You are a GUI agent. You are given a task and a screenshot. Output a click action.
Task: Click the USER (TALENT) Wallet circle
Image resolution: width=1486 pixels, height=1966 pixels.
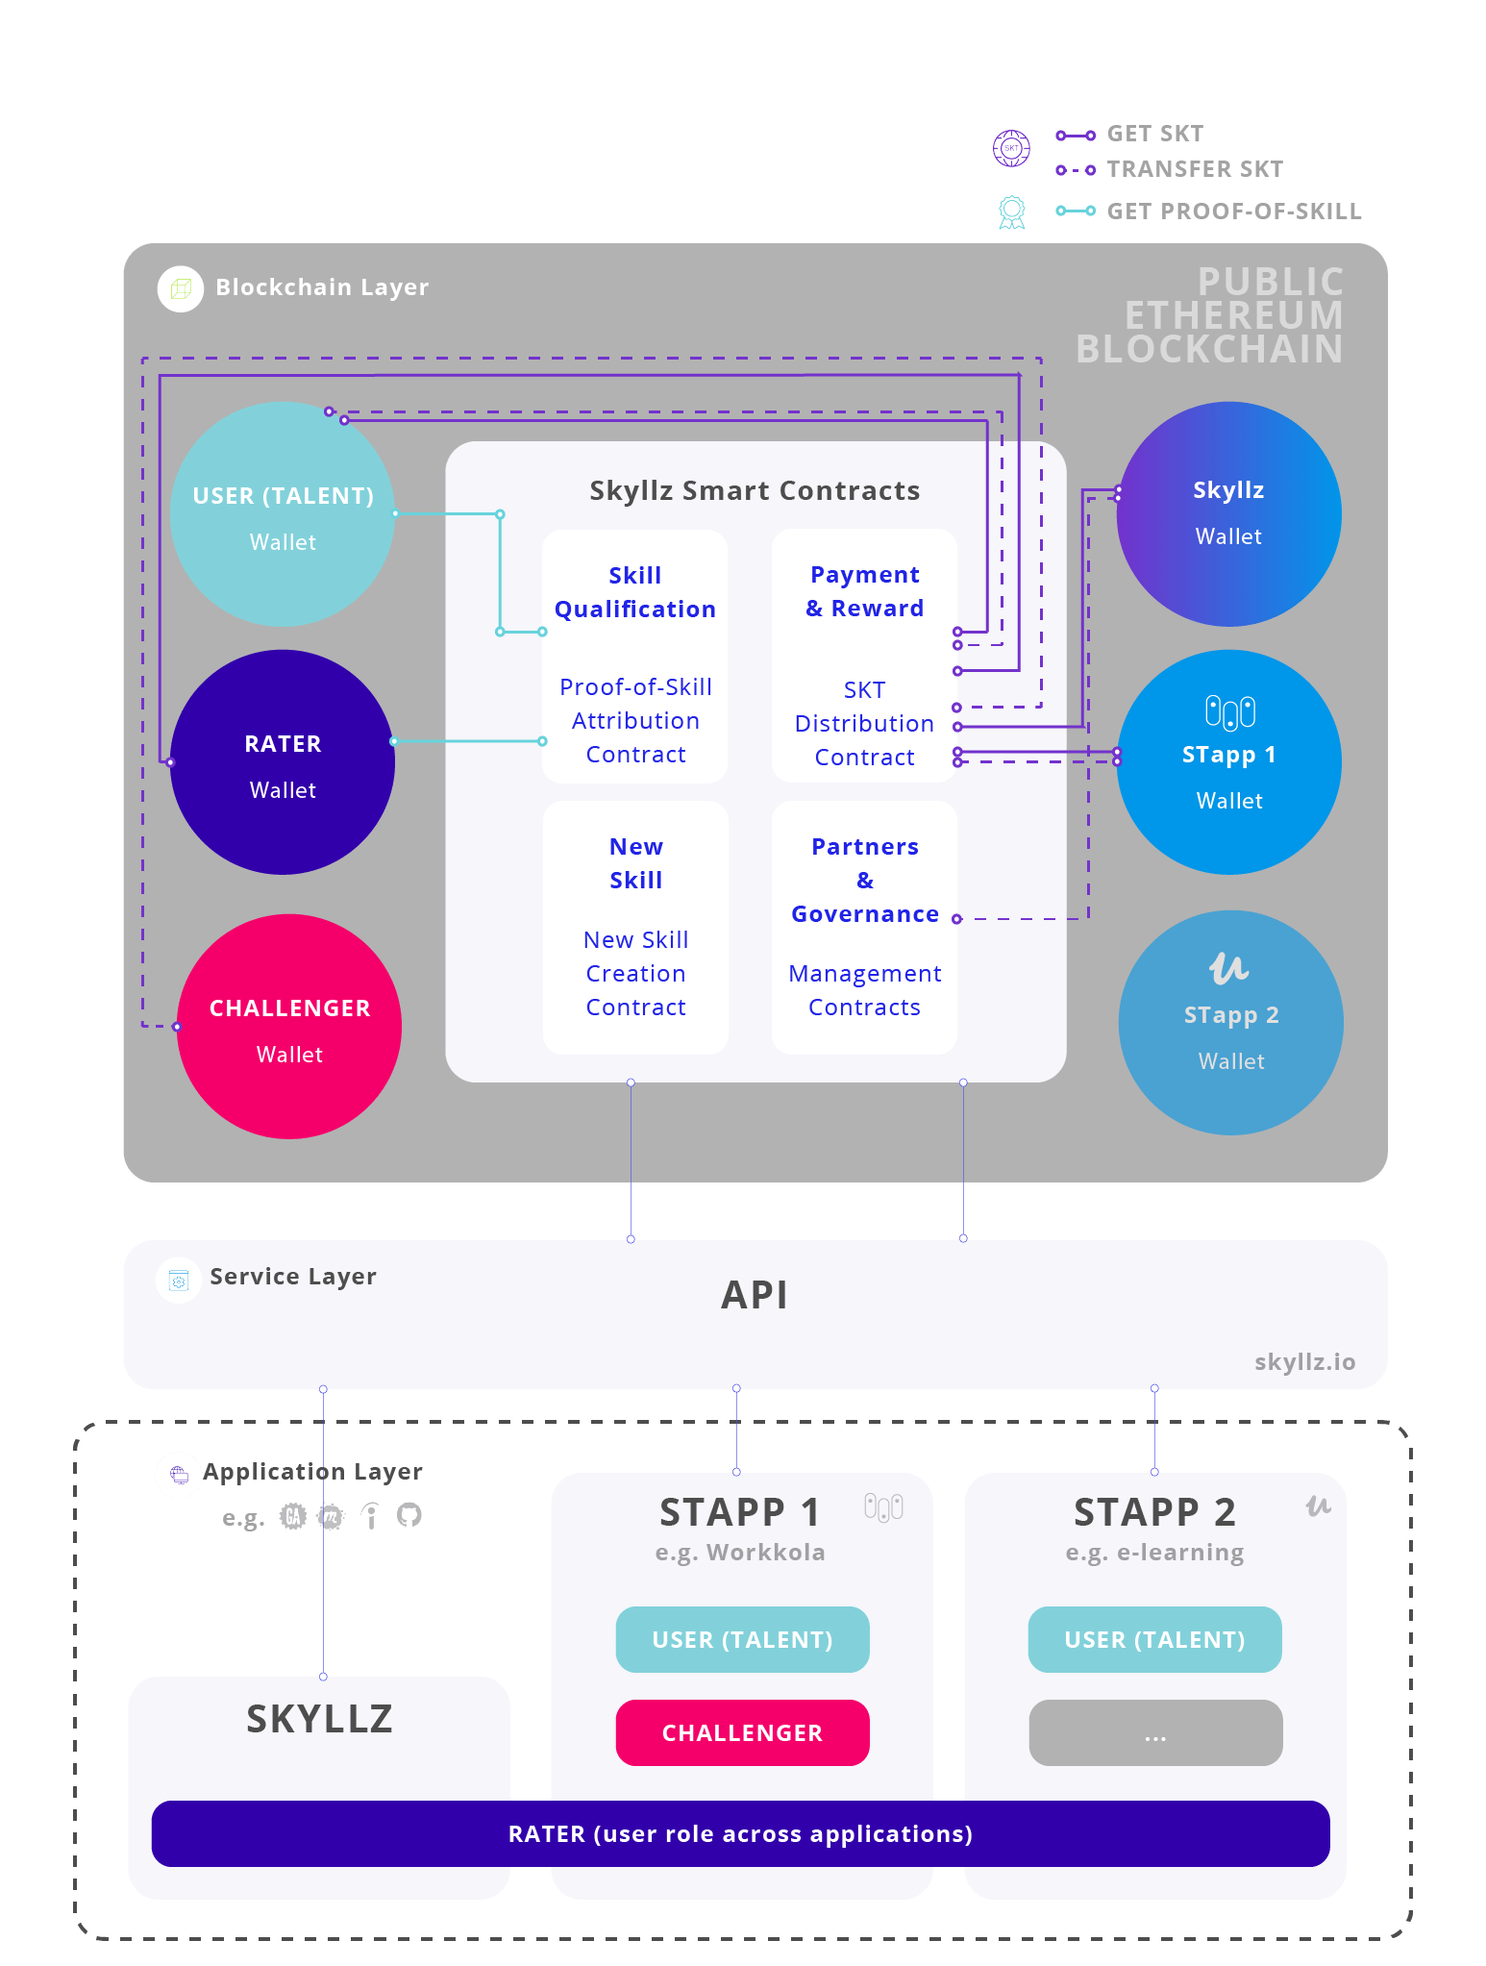coord(283,515)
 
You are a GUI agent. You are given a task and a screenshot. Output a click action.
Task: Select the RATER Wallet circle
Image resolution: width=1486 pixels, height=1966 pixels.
coord(283,762)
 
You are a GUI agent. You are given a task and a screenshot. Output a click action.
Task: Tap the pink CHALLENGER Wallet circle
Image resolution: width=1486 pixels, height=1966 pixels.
coord(289,1027)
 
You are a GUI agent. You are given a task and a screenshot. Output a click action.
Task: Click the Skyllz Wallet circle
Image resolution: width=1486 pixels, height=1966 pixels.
coord(1228,513)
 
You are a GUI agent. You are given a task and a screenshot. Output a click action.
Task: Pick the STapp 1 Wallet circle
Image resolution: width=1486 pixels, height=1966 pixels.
coord(1228,762)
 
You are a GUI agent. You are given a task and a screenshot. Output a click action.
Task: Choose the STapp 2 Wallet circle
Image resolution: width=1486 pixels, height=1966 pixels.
coord(1230,1023)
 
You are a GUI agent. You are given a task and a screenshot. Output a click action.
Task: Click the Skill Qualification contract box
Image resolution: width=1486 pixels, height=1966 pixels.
coord(635,657)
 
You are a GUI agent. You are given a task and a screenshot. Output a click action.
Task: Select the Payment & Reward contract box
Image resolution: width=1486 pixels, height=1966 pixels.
coord(864,657)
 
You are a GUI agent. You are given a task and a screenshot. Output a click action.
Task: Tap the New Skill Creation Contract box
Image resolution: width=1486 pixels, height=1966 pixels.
coord(635,928)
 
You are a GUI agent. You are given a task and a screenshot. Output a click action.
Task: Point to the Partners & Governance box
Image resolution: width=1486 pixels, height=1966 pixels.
coord(864,928)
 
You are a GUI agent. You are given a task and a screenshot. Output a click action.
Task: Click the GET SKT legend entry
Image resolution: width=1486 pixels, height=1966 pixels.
coord(1154,134)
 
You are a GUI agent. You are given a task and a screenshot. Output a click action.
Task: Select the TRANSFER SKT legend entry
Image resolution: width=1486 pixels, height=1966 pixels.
coord(1194,169)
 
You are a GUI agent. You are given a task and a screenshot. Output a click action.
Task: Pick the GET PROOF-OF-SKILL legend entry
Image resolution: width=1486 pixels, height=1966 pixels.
coord(1233,212)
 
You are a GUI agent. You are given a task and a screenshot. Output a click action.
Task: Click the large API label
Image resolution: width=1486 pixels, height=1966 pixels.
coord(755,1295)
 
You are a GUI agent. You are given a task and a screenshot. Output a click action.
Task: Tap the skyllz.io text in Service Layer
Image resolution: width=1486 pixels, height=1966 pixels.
coord(1304,1362)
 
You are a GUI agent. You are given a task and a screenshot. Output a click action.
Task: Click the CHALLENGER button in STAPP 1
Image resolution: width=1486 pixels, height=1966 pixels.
coord(742,1732)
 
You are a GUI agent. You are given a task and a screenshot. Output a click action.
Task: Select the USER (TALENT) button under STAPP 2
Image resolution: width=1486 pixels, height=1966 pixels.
coord(1154,1639)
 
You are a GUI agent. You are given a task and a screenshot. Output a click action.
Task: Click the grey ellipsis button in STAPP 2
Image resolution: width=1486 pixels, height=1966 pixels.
coord(1154,1732)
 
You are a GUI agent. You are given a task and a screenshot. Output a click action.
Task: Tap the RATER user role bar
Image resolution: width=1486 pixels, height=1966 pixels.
coord(740,1833)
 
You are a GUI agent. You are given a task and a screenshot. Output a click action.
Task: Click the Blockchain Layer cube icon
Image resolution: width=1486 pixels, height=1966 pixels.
coord(181,288)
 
